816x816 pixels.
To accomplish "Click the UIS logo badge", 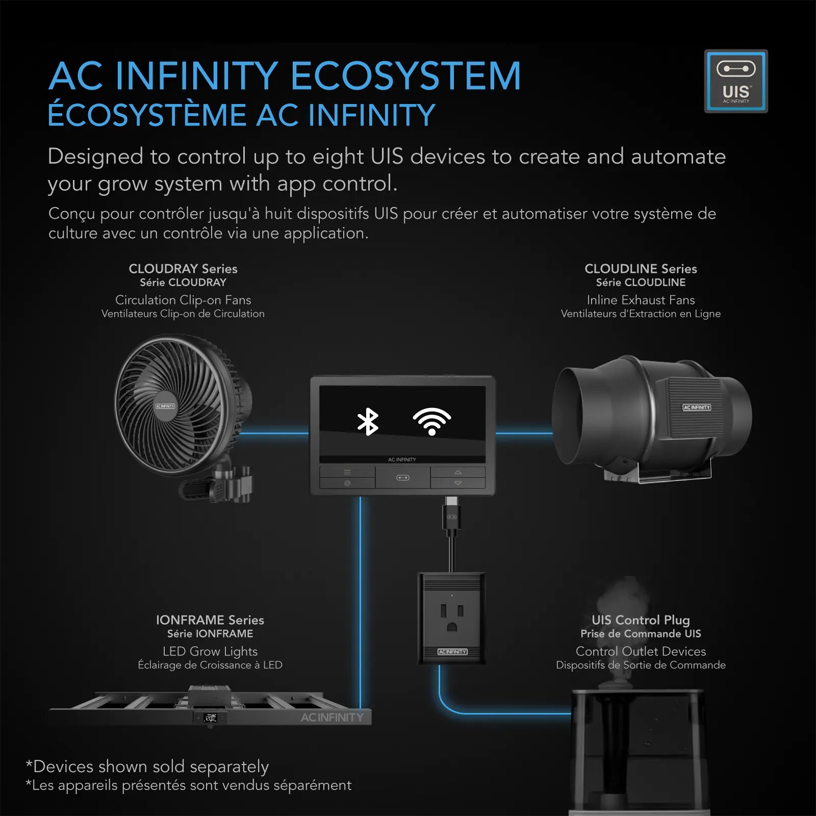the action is click(736, 81).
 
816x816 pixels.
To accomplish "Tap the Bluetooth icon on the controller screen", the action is click(368, 422).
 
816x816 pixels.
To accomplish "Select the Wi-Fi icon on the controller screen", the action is click(432, 421).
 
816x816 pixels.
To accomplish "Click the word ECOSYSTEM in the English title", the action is click(406, 76).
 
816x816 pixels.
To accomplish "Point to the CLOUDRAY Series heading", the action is click(183, 269).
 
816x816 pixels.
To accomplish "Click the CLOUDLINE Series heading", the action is click(641, 269).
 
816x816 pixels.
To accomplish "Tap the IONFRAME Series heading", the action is click(210, 620).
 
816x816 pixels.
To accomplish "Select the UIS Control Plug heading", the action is click(641, 621).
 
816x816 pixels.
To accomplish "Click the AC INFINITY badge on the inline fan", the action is click(697, 407).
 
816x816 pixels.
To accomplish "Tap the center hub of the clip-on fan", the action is click(165, 406).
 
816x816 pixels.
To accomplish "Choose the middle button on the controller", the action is click(403, 478).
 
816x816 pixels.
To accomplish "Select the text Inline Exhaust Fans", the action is click(641, 300).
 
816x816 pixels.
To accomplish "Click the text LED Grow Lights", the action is click(210, 652).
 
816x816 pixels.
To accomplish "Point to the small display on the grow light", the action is click(210, 718).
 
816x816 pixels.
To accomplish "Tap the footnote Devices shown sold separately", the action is click(147, 767).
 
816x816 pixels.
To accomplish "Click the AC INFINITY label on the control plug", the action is click(452, 652).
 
